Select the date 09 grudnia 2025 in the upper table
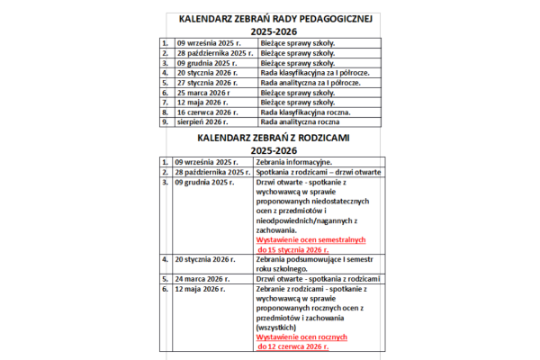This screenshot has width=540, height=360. pyautogui.click(x=206, y=65)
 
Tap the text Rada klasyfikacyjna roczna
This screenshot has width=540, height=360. pyautogui.click(x=298, y=112)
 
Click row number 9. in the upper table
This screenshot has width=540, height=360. pyautogui.click(x=166, y=121)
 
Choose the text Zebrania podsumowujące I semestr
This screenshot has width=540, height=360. pyautogui.click(x=311, y=258)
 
